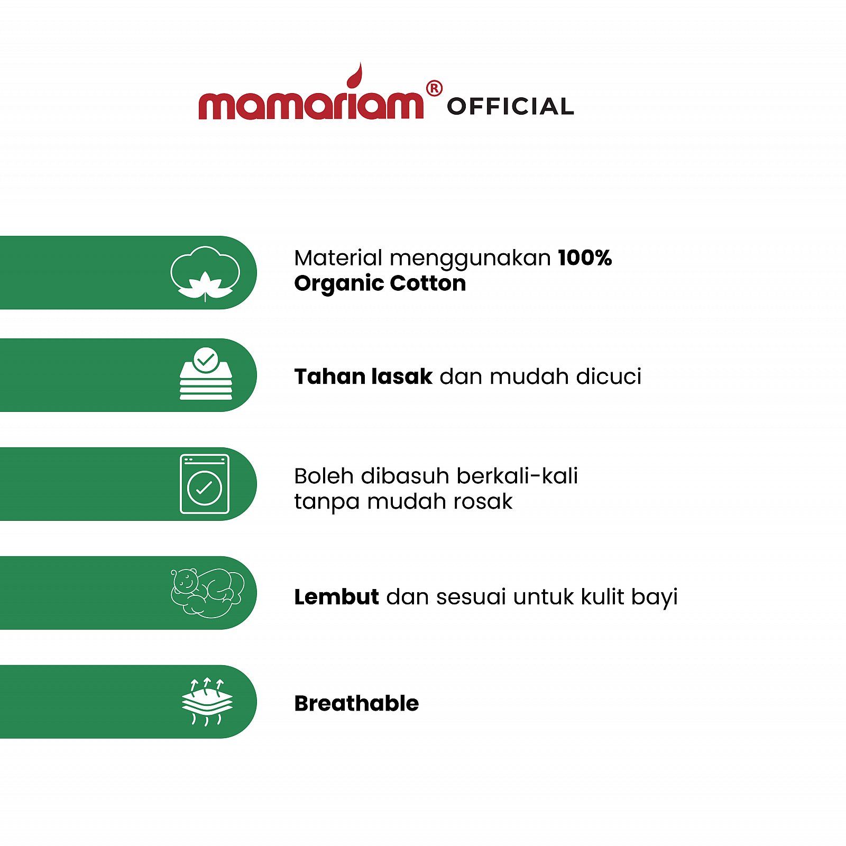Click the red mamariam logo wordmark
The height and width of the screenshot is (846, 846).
311,104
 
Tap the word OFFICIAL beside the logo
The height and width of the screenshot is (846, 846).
510,106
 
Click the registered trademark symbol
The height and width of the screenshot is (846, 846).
434,88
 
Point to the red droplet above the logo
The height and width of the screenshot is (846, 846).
355,76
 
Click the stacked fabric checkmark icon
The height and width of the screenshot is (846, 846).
206,373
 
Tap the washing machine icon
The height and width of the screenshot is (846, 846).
205,484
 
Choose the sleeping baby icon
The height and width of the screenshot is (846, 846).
207,593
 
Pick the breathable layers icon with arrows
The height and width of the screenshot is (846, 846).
207,702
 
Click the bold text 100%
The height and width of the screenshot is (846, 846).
585,258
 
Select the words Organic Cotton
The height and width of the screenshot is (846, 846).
380,283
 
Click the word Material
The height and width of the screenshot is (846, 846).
338,258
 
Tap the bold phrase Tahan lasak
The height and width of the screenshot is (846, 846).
363,376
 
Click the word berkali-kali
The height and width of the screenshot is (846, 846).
517,476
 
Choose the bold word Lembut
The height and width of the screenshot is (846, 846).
336,597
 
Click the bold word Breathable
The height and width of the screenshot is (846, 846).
356,704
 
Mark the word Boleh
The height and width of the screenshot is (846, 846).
324,476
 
